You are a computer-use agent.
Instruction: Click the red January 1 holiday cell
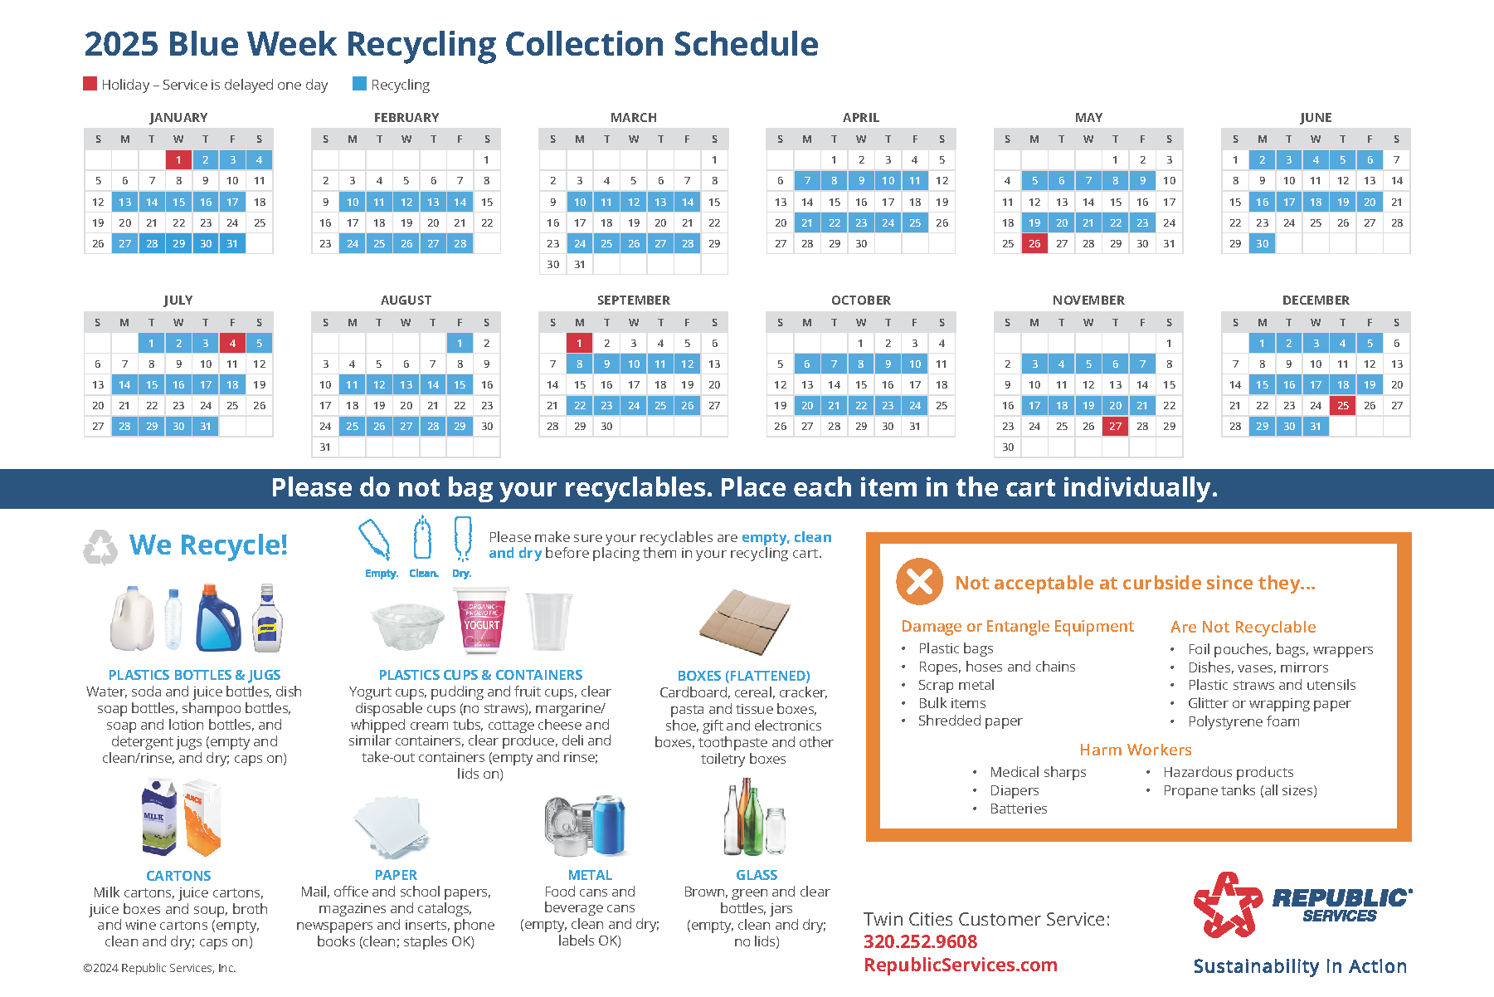point(178,160)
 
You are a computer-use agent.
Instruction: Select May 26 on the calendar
point(1034,244)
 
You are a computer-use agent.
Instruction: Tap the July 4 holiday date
point(232,343)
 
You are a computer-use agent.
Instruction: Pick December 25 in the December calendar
point(1343,405)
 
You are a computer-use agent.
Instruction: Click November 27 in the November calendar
point(1116,426)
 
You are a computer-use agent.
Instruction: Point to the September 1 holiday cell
point(579,343)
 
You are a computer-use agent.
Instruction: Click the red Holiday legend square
point(90,84)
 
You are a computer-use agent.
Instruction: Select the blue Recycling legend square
point(359,84)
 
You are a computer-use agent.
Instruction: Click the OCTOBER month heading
point(861,300)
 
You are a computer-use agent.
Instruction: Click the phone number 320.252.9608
point(921,941)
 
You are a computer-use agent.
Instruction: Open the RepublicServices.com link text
point(961,965)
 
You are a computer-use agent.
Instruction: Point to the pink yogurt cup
point(481,620)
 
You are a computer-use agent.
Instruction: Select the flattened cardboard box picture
point(744,622)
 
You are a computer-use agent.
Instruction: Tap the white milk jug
point(133,618)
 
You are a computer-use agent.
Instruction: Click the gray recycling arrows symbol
point(100,547)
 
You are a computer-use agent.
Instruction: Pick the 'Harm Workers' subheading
point(1136,750)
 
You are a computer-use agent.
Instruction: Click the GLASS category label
point(757,875)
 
